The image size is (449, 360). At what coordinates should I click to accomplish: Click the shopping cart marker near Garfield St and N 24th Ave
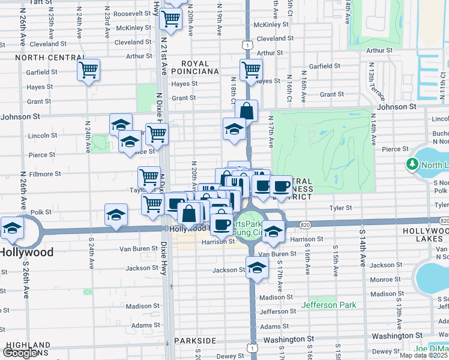coord(88,71)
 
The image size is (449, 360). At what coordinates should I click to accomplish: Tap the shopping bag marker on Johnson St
coord(246,110)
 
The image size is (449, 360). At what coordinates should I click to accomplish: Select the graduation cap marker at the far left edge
coord(11,228)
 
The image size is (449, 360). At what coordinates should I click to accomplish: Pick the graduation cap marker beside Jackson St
coord(257,267)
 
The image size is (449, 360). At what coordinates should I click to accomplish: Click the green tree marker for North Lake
coord(412,164)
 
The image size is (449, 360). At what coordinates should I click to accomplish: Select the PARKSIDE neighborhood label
coord(195,340)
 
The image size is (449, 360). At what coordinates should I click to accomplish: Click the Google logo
coord(21,353)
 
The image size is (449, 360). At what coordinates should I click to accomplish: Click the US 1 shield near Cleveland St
coord(246,44)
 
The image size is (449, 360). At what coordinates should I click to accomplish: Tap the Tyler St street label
coord(340,208)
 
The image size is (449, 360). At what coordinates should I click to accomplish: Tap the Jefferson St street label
coord(278,311)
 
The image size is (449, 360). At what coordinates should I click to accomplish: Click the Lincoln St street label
coord(43,135)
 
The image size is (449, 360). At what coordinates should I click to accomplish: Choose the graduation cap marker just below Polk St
coord(116,216)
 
